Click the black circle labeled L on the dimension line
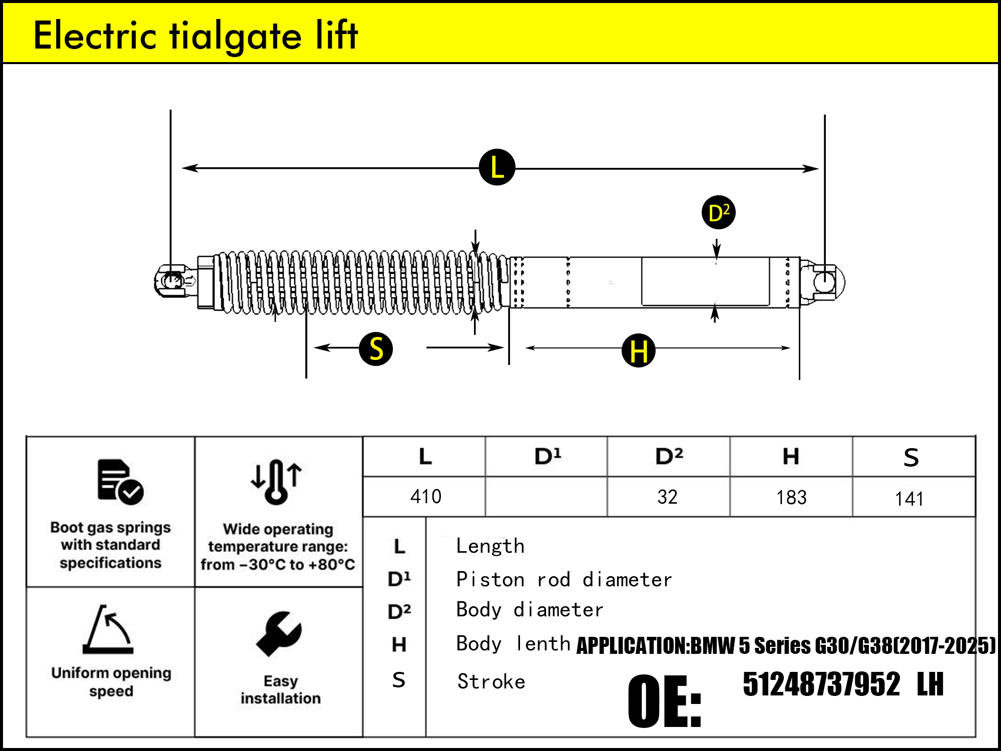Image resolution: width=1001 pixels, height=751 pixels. tap(497, 167)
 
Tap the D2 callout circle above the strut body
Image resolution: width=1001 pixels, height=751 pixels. tap(718, 213)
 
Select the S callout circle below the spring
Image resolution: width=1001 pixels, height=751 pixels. tap(376, 349)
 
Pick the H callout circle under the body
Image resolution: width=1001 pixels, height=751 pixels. tap(639, 350)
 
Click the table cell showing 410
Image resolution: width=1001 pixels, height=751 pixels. tap(425, 497)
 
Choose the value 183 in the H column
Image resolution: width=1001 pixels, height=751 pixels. tap(791, 498)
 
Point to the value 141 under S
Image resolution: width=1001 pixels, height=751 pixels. tap(909, 499)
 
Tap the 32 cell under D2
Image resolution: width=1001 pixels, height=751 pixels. tap(667, 497)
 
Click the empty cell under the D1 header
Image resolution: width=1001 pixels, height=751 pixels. tap(546, 497)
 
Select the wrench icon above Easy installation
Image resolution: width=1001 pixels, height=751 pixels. tap(279, 634)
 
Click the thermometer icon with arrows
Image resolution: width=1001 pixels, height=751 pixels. tap(276, 481)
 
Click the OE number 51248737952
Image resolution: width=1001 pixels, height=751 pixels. tap(821, 684)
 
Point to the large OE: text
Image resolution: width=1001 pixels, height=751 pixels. tap(665, 701)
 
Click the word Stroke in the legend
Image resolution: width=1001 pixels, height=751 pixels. tap(491, 682)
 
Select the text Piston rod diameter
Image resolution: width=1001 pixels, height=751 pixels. tap(564, 580)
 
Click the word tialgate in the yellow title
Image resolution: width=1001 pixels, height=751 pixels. tap(235, 36)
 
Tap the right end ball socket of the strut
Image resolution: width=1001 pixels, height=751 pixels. tap(823, 282)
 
